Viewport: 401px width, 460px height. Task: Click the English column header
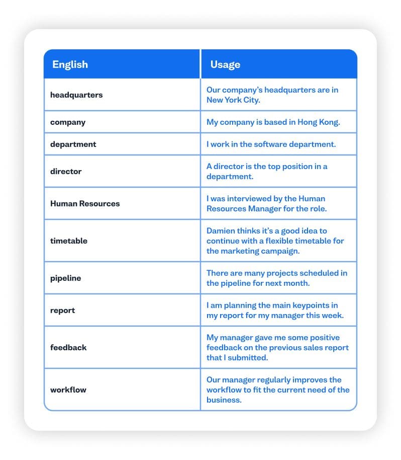(x=70, y=64)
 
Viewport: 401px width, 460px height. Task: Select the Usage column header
(x=225, y=64)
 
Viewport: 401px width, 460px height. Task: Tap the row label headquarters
(x=76, y=95)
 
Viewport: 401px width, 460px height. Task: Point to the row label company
(x=68, y=122)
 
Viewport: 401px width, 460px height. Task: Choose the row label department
(x=73, y=144)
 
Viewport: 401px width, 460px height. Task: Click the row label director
(x=66, y=171)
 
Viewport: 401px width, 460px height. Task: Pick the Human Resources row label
(x=85, y=203)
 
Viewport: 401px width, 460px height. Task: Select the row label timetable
(x=69, y=241)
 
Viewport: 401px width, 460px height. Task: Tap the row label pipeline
(x=65, y=278)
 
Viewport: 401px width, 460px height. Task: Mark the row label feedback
(x=68, y=347)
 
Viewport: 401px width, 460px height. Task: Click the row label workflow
(x=68, y=390)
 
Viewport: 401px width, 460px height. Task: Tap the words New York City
(x=233, y=100)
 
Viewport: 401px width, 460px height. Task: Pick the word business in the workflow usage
(x=224, y=400)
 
